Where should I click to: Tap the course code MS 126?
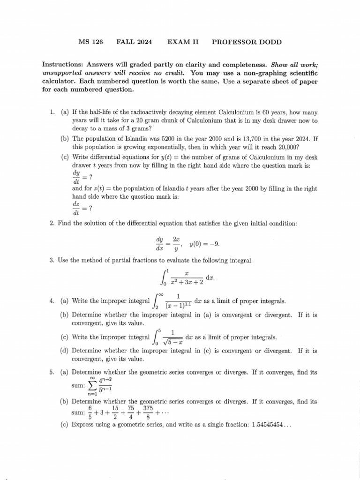coord(90,42)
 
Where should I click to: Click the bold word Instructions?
coord(62,65)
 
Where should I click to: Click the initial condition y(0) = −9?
coord(204,244)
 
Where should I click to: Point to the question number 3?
coord(52,260)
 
